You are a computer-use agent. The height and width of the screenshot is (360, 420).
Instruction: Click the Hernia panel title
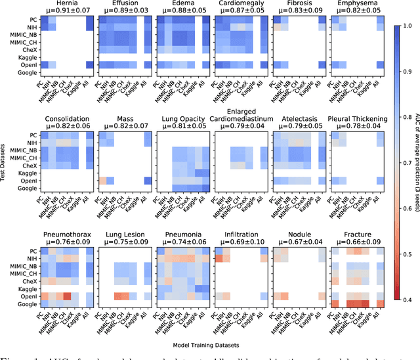[67, 3]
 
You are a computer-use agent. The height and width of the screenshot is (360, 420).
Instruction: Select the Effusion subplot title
[125, 3]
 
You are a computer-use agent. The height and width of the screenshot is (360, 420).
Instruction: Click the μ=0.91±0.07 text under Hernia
[67, 11]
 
